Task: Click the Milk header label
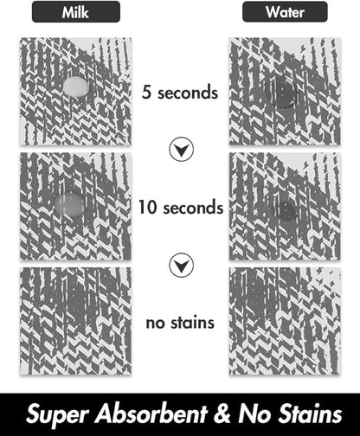[x=75, y=12]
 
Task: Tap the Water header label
[x=285, y=12]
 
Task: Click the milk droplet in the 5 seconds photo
[x=75, y=87]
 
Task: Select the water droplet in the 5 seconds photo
[x=281, y=93]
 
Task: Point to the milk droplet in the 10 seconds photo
[x=70, y=203]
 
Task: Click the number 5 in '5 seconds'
[x=146, y=93]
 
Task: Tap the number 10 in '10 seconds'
[x=148, y=207]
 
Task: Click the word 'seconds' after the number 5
[x=188, y=93]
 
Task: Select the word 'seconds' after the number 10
[x=193, y=208]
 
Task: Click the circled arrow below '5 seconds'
[x=181, y=150]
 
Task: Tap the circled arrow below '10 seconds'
[x=181, y=265]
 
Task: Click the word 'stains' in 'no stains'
[x=192, y=323]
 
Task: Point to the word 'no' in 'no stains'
[x=155, y=324]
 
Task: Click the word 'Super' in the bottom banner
[x=57, y=415]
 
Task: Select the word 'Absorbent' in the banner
[x=151, y=414]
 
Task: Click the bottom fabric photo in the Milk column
[x=75, y=321]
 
